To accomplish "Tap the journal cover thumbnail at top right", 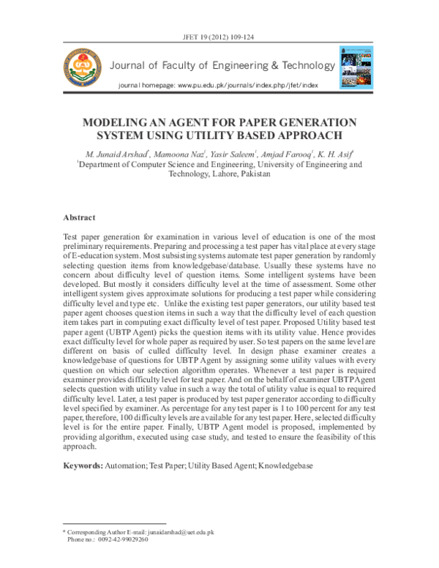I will pyautogui.click(x=356, y=68).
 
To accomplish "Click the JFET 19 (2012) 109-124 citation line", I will pyautogui.click(x=219, y=36).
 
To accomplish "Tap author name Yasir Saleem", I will pyautogui.click(x=230, y=154).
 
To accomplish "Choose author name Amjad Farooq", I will pyautogui.click(x=286, y=154).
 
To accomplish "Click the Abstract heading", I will pyautogui.click(x=80, y=217).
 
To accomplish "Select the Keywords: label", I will pyautogui.click(x=83, y=465).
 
